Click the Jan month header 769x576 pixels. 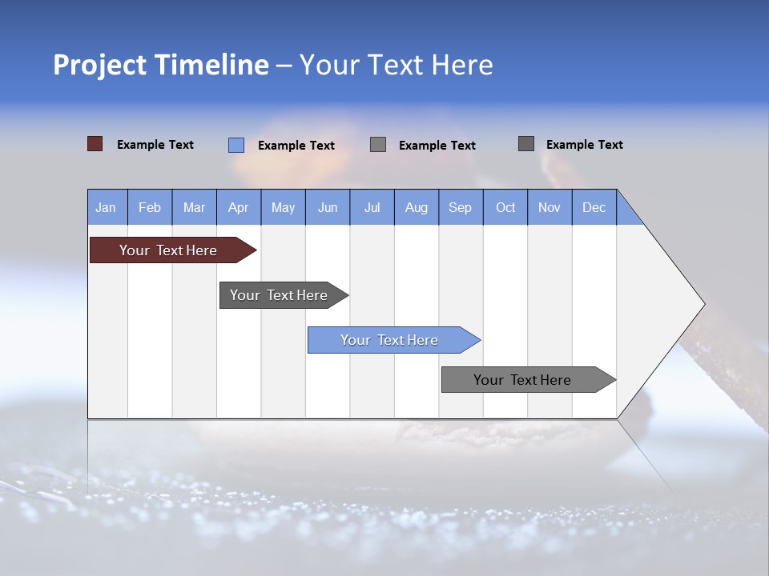[107, 207]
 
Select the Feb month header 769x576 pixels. [150, 207]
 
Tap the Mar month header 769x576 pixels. [194, 207]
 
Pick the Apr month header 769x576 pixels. [239, 207]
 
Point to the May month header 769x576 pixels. [283, 207]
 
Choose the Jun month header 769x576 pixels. [328, 207]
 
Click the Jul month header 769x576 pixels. [372, 207]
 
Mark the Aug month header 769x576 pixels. [417, 207]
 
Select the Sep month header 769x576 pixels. [461, 207]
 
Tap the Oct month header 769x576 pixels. [505, 207]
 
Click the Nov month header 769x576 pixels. [550, 207]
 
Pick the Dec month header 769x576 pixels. [594, 207]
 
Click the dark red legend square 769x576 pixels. [95, 144]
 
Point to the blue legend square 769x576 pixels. [236, 145]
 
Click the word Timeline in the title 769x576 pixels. [211, 65]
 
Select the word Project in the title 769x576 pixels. [99, 65]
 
